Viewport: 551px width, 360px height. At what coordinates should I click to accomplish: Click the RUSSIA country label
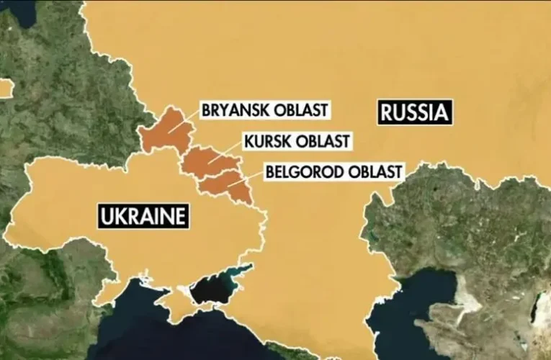tap(413, 112)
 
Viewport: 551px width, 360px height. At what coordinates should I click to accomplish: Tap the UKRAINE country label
tap(142, 216)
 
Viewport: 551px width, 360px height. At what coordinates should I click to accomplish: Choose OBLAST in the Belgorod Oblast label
tap(372, 172)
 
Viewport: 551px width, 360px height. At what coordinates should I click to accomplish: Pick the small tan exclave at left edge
tap(5, 88)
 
